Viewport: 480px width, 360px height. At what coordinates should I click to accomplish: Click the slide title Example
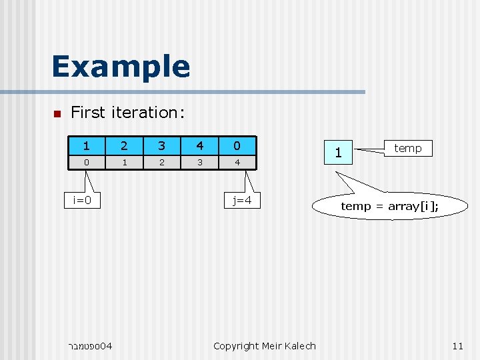point(121,67)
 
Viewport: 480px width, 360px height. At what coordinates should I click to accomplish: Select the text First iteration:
point(127,113)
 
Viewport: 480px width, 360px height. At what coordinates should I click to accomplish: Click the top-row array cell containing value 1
point(86,145)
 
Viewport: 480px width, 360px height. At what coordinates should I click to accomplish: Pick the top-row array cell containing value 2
point(123,145)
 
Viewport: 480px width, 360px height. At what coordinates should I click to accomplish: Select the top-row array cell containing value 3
point(161,145)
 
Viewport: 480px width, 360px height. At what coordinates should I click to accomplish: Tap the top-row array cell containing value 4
point(199,145)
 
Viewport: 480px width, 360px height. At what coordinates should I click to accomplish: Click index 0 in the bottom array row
point(86,162)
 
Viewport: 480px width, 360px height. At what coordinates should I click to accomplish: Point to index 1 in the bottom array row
point(123,162)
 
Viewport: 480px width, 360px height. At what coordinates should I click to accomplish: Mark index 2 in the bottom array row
point(161,162)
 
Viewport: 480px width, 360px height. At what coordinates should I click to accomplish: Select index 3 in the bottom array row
point(199,162)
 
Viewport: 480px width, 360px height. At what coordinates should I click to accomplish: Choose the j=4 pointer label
point(242,200)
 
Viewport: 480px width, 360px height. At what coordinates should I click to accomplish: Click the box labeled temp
point(407,148)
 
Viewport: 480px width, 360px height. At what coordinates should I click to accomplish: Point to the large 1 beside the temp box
point(339,153)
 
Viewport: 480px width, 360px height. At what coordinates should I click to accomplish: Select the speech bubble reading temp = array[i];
point(389,206)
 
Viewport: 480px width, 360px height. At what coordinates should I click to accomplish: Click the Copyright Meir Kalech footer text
point(264,345)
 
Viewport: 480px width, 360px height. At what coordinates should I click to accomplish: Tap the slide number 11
point(457,345)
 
